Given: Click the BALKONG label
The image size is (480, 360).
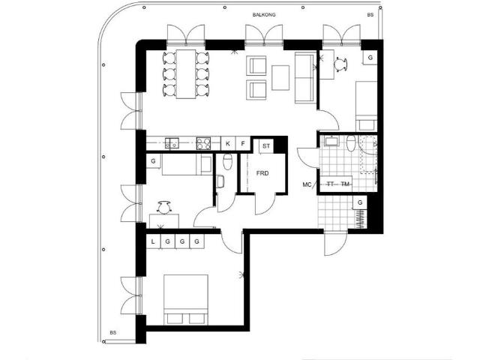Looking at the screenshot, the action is tap(264, 15).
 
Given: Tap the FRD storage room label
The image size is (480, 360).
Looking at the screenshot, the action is tap(262, 173).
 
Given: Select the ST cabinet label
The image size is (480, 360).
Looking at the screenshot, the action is tap(266, 146).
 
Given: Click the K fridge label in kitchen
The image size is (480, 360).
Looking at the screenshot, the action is tap(228, 143).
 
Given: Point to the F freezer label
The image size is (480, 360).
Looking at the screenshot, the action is tap(243, 143).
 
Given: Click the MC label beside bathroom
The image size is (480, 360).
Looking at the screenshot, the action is tap(307, 184).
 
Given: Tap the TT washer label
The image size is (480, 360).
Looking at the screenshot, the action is tap(330, 184).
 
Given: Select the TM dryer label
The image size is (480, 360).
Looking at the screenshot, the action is tap(345, 184).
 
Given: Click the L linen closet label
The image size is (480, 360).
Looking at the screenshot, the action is tap(153, 241).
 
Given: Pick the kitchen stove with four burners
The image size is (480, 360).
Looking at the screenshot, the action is tap(203, 143).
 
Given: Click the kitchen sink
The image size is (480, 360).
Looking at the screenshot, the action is tap(172, 143).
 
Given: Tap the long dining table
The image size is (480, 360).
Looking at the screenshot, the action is tap(186, 74).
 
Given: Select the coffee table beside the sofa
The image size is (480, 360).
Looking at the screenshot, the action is tap(280, 78).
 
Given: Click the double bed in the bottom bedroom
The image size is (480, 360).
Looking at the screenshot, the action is tap(186, 300).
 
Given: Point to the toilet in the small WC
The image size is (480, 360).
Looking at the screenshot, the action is tap(227, 162).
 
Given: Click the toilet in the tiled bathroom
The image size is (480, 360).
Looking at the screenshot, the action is tap(351, 143).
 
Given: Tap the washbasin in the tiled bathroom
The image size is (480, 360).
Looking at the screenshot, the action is tap(331, 141).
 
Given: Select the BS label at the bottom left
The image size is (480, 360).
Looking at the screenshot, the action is tap(113, 332).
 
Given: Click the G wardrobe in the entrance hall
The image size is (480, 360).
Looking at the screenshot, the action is tap(360, 202).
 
